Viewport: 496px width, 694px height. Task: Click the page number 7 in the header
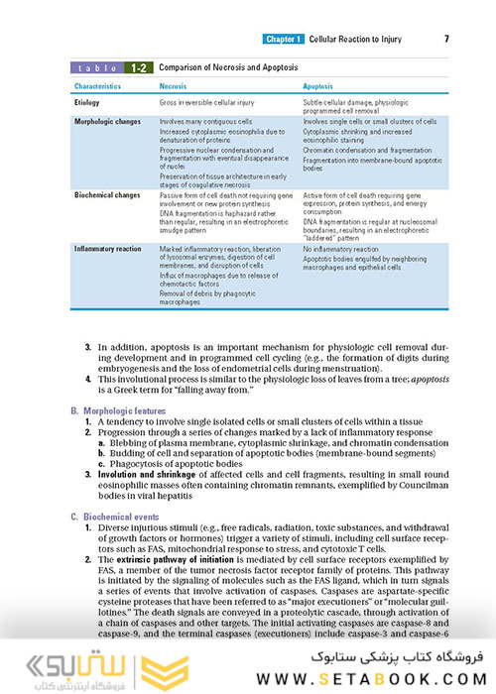click(x=446, y=39)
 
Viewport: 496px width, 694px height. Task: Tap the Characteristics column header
click(x=103, y=87)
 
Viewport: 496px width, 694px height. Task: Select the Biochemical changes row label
click(x=107, y=195)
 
